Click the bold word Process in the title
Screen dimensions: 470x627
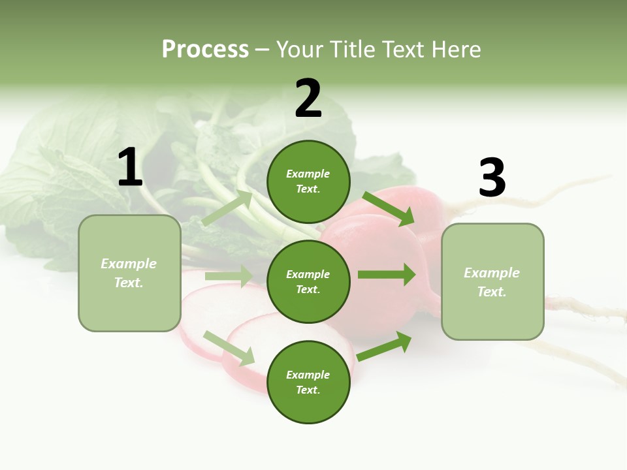[205, 50]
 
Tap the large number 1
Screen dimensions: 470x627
[130, 168]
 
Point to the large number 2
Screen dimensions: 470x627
[308, 99]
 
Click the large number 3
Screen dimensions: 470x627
[492, 178]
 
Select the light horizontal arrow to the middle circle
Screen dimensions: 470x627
[229, 276]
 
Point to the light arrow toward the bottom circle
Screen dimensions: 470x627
[229, 348]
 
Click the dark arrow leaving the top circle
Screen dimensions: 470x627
[389, 209]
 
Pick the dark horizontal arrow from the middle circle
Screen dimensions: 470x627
[387, 275]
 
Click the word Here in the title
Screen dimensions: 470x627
[455, 50]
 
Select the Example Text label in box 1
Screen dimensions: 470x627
[129, 273]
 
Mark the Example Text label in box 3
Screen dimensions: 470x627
[492, 282]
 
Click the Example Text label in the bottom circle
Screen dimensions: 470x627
[308, 383]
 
